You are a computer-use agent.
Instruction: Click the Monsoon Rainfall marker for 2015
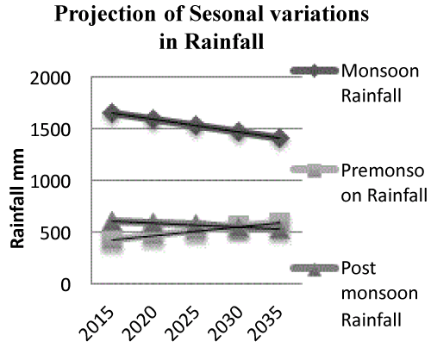point(111,113)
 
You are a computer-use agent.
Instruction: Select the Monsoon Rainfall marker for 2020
point(153,118)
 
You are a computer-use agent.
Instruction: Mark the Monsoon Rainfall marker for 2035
point(280,138)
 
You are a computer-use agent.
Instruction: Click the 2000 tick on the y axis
point(50,78)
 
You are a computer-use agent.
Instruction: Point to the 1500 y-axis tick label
point(50,130)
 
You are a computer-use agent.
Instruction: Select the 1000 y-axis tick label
point(50,182)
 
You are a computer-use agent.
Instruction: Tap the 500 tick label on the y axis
point(55,233)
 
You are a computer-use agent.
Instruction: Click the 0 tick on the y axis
point(66,285)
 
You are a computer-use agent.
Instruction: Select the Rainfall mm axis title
point(17,198)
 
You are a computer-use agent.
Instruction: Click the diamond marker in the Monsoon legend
point(314,71)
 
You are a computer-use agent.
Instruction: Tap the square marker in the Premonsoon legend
point(314,171)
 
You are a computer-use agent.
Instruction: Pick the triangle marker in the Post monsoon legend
point(314,270)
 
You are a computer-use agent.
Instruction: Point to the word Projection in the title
point(105,15)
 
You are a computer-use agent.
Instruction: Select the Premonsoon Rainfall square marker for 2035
point(279,223)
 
